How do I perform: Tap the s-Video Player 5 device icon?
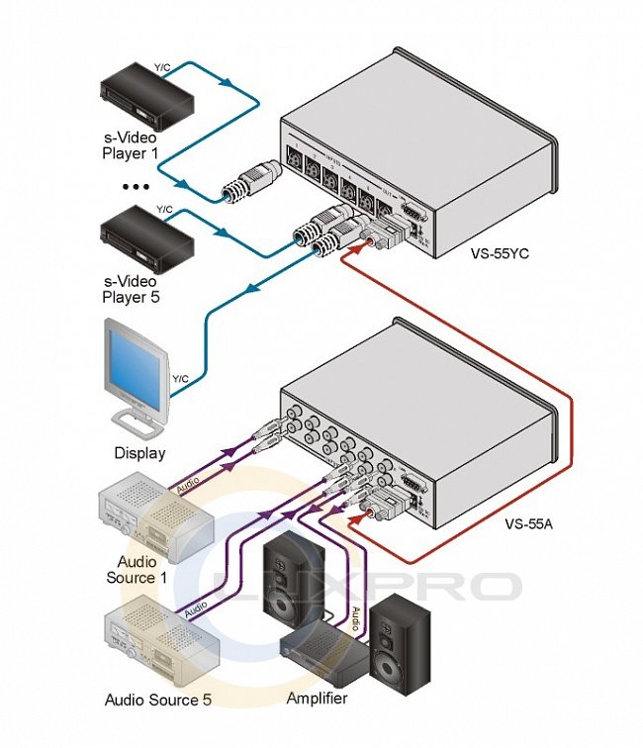point(144,234)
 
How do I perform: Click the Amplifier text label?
point(317,699)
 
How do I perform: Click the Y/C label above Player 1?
point(164,68)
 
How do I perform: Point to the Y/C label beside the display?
point(181,378)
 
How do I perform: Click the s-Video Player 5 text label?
point(136,286)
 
